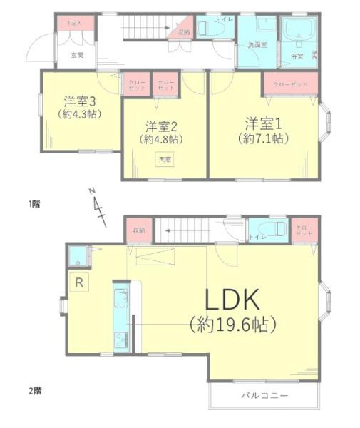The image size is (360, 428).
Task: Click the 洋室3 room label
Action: pyautogui.click(x=78, y=101)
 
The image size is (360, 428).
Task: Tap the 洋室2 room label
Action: pyautogui.click(x=160, y=126)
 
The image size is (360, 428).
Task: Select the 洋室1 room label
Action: pyautogui.click(x=263, y=120)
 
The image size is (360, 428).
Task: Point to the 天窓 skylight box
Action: pyautogui.click(x=165, y=160)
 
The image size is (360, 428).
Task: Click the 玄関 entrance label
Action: pyautogui.click(x=77, y=54)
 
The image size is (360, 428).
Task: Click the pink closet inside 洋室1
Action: pyautogui.click(x=289, y=84)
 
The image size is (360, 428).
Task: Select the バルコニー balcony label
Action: pyautogui.click(x=264, y=394)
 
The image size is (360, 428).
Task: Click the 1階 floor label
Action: pyautogui.click(x=34, y=203)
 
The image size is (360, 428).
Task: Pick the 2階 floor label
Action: pyautogui.click(x=34, y=390)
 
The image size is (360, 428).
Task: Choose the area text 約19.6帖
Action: pyautogui.click(x=233, y=326)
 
